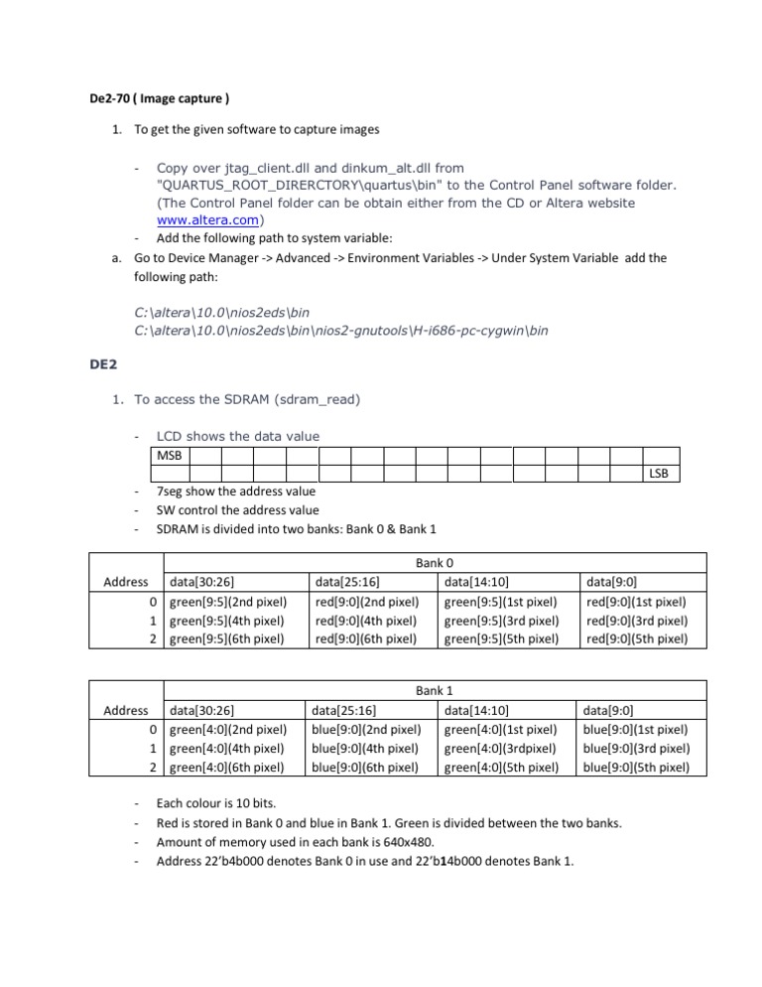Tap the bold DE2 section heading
pyautogui.click(x=99, y=364)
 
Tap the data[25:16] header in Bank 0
pyautogui.click(x=348, y=582)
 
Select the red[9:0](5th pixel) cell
pyautogui.click(x=637, y=638)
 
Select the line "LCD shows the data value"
pyautogui.click(x=238, y=436)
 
